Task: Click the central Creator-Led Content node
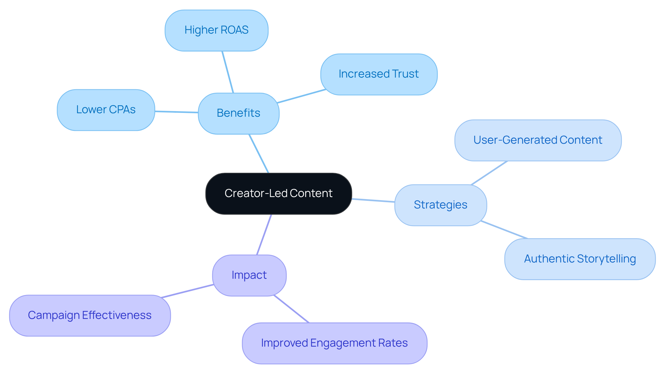(278, 194)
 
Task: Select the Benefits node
(238, 113)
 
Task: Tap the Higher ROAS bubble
(216, 30)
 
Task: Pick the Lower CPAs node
(106, 110)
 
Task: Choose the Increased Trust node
(379, 74)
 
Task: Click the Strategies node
(440, 205)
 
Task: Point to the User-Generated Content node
(538, 140)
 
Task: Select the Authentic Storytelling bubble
(580, 259)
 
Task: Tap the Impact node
(249, 275)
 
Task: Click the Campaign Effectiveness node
(90, 315)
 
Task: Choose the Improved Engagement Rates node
(334, 343)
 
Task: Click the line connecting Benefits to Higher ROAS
(228, 72)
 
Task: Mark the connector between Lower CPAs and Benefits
(176, 112)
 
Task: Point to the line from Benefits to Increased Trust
(301, 96)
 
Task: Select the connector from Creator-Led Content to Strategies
(373, 200)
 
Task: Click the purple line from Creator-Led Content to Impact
(264, 234)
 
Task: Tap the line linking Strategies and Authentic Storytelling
(504, 230)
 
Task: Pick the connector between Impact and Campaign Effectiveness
(187, 291)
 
